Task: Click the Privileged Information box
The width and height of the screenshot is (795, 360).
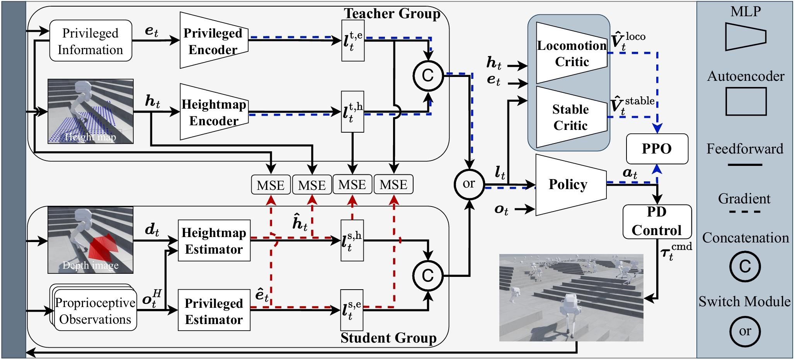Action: point(90,41)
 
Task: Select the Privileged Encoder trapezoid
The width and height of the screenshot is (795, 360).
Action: point(213,41)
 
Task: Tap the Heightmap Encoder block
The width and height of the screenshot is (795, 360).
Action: point(213,112)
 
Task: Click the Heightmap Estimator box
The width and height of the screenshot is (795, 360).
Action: point(214,241)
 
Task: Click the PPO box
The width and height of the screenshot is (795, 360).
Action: point(657,148)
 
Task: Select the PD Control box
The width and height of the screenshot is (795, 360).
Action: point(657,222)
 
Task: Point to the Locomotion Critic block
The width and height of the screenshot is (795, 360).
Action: point(571,53)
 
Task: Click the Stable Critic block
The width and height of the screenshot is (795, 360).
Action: point(570,117)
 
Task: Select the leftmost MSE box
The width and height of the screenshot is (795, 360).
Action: point(271,185)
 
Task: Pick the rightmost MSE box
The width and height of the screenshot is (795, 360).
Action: point(393,185)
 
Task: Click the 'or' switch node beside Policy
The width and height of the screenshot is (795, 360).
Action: point(469,184)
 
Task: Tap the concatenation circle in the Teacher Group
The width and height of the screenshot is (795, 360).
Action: point(428,76)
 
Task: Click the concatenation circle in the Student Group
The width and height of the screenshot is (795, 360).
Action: point(428,276)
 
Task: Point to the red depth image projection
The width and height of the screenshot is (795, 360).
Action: point(101,248)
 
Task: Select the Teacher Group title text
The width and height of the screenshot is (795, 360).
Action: point(392,14)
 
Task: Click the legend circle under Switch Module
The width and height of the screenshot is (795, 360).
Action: point(745,331)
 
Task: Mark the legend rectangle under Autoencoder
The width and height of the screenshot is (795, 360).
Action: point(746,101)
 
